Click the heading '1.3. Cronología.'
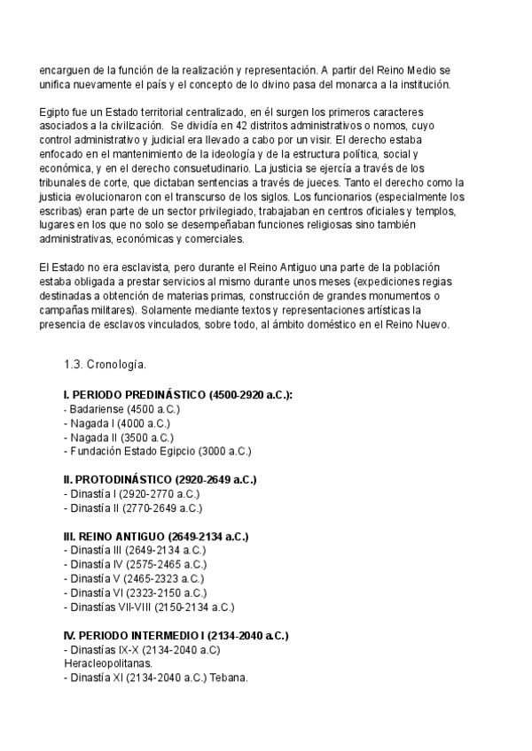105,364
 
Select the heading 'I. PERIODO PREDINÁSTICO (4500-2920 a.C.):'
178,394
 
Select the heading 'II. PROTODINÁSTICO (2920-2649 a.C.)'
160,480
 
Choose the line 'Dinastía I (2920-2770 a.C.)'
132,493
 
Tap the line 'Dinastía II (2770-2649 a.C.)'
133,508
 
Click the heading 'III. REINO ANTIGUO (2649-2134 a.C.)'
156,537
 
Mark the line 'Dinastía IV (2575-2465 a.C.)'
136,564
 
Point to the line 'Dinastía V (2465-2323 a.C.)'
135,579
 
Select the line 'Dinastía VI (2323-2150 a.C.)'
136,593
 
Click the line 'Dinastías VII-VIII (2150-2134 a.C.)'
149,608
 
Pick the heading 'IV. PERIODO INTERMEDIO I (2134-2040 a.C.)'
176,636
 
